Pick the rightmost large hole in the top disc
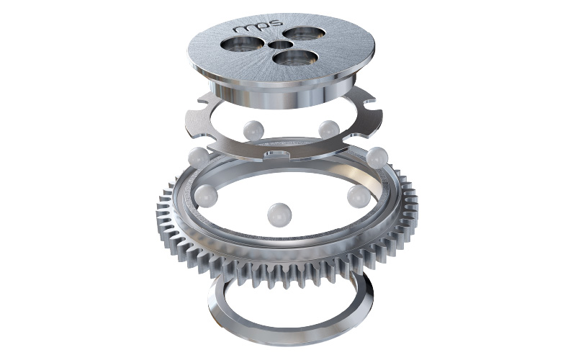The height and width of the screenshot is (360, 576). tap(305, 34)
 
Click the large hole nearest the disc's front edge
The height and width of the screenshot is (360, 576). tap(296, 58)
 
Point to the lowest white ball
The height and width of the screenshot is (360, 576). tap(279, 215)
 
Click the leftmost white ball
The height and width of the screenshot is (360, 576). tap(199, 157)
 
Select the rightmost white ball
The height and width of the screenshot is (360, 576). tap(377, 158)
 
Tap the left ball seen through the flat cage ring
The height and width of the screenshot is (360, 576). tap(253, 131)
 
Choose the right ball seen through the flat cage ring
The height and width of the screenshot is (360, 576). tap(329, 130)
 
